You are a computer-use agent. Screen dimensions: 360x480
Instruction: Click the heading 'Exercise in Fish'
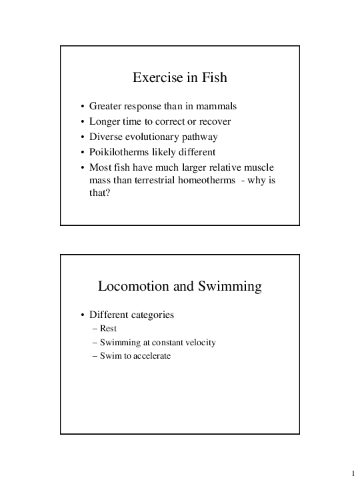[x=180, y=78]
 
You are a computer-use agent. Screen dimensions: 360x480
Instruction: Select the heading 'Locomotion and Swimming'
[x=180, y=287]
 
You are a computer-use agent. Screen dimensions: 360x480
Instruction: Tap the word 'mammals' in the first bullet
[x=215, y=106]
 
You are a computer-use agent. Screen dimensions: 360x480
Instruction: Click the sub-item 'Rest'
[x=109, y=329]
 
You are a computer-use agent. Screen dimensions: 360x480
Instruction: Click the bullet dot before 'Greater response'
[x=82, y=107]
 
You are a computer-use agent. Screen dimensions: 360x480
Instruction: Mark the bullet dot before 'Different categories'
[x=82, y=315]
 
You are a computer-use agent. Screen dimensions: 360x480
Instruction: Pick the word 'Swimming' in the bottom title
[x=230, y=287]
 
